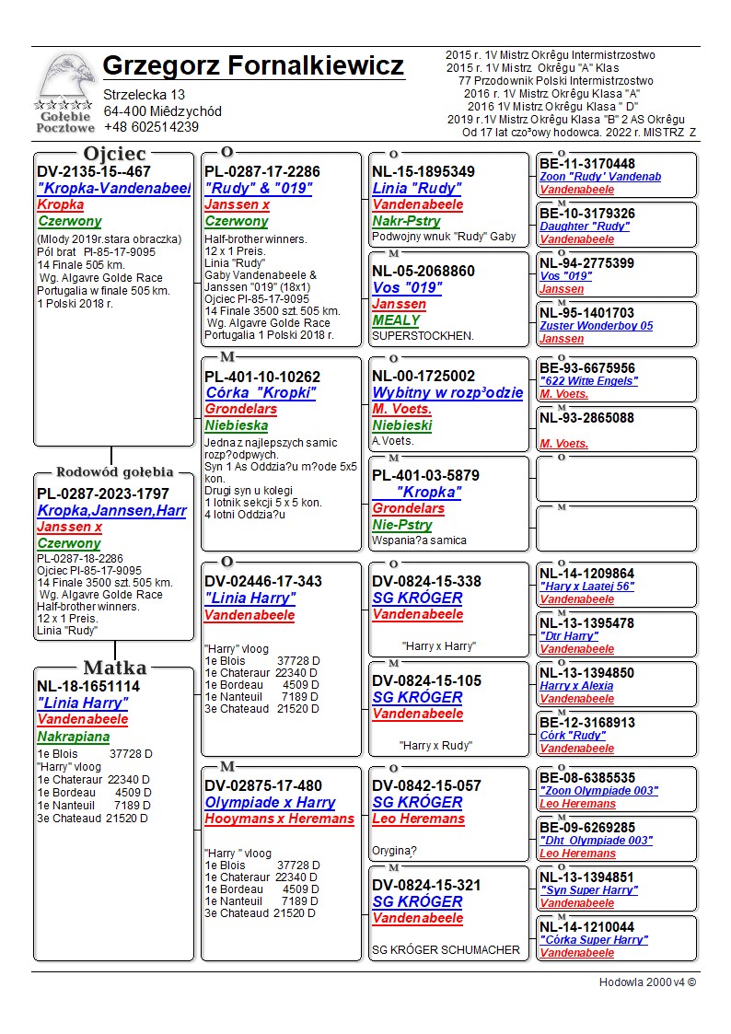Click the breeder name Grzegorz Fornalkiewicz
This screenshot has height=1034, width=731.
click(253, 66)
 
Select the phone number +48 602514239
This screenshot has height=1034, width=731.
click(151, 127)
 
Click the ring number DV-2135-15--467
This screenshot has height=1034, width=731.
click(94, 172)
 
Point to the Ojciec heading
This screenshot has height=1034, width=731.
click(114, 153)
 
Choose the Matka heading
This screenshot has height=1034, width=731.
click(114, 668)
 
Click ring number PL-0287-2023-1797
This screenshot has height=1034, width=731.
click(103, 494)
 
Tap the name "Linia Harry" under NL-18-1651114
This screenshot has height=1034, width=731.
click(83, 703)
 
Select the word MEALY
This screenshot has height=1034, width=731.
click(396, 320)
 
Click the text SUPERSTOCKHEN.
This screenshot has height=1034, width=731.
click(422, 336)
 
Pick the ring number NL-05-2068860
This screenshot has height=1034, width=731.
click(424, 271)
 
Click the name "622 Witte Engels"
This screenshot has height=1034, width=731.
click(588, 381)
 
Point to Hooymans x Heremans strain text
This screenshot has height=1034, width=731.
click(279, 819)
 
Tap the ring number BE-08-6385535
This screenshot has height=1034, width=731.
click(586, 778)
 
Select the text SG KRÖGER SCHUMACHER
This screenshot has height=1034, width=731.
click(446, 949)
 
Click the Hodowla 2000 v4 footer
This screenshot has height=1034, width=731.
click(647, 982)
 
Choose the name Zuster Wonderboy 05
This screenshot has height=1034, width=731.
click(597, 326)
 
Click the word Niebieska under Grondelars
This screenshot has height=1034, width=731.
click(237, 425)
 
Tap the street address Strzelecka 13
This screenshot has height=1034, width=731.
click(145, 95)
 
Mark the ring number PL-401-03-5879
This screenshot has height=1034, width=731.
click(425, 475)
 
